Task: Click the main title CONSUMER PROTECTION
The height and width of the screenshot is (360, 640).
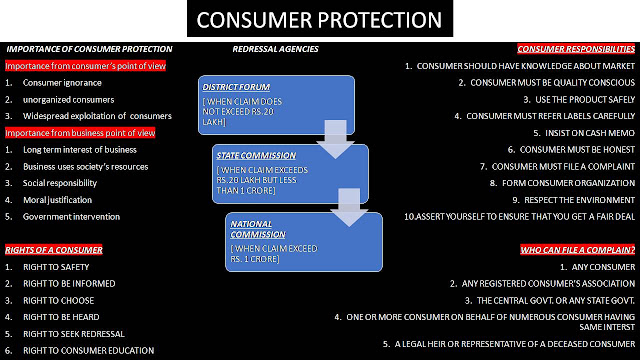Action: click(x=319, y=20)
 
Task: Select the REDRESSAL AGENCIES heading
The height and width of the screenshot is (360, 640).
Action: click(x=275, y=48)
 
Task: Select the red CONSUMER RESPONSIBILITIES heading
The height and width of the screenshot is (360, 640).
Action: click(x=576, y=48)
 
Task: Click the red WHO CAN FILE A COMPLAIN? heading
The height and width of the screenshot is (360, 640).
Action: click(x=578, y=249)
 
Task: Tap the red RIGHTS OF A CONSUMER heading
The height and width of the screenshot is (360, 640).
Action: click(x=54, y=249)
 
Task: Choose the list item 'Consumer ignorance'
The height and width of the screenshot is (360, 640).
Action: click(x=62, y=83)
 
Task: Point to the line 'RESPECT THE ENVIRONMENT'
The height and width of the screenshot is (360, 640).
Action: click(x=567, y=200)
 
